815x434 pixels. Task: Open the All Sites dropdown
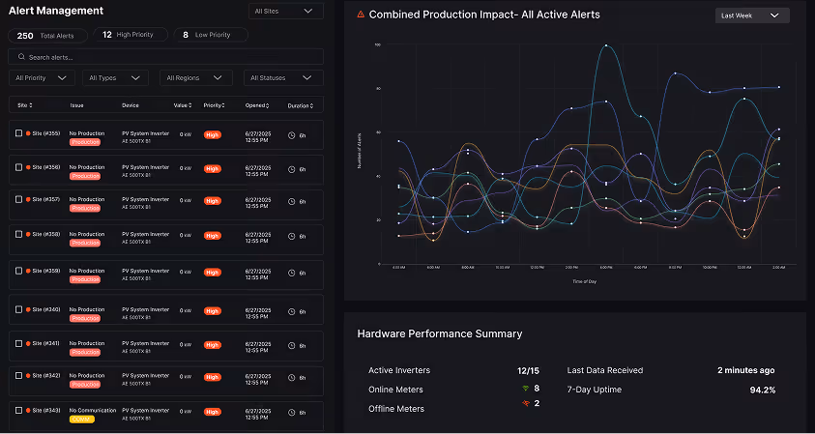point(284,12)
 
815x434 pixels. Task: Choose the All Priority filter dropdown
point(42,77)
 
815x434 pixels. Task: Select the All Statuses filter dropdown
point(281,77)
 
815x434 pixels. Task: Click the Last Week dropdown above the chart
point(752,15)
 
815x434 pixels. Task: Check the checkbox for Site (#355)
point(18,133)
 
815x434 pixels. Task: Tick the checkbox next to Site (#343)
point(18,410)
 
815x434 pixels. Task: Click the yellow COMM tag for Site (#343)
point(81,420)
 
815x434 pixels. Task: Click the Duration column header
point(301,104)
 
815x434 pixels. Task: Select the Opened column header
point(258,104)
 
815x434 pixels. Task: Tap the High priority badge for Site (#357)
point(212,200)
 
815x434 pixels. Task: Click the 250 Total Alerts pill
point(48,35)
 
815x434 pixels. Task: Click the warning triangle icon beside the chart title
point(361,14)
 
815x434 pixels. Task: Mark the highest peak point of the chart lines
point(606,45)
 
